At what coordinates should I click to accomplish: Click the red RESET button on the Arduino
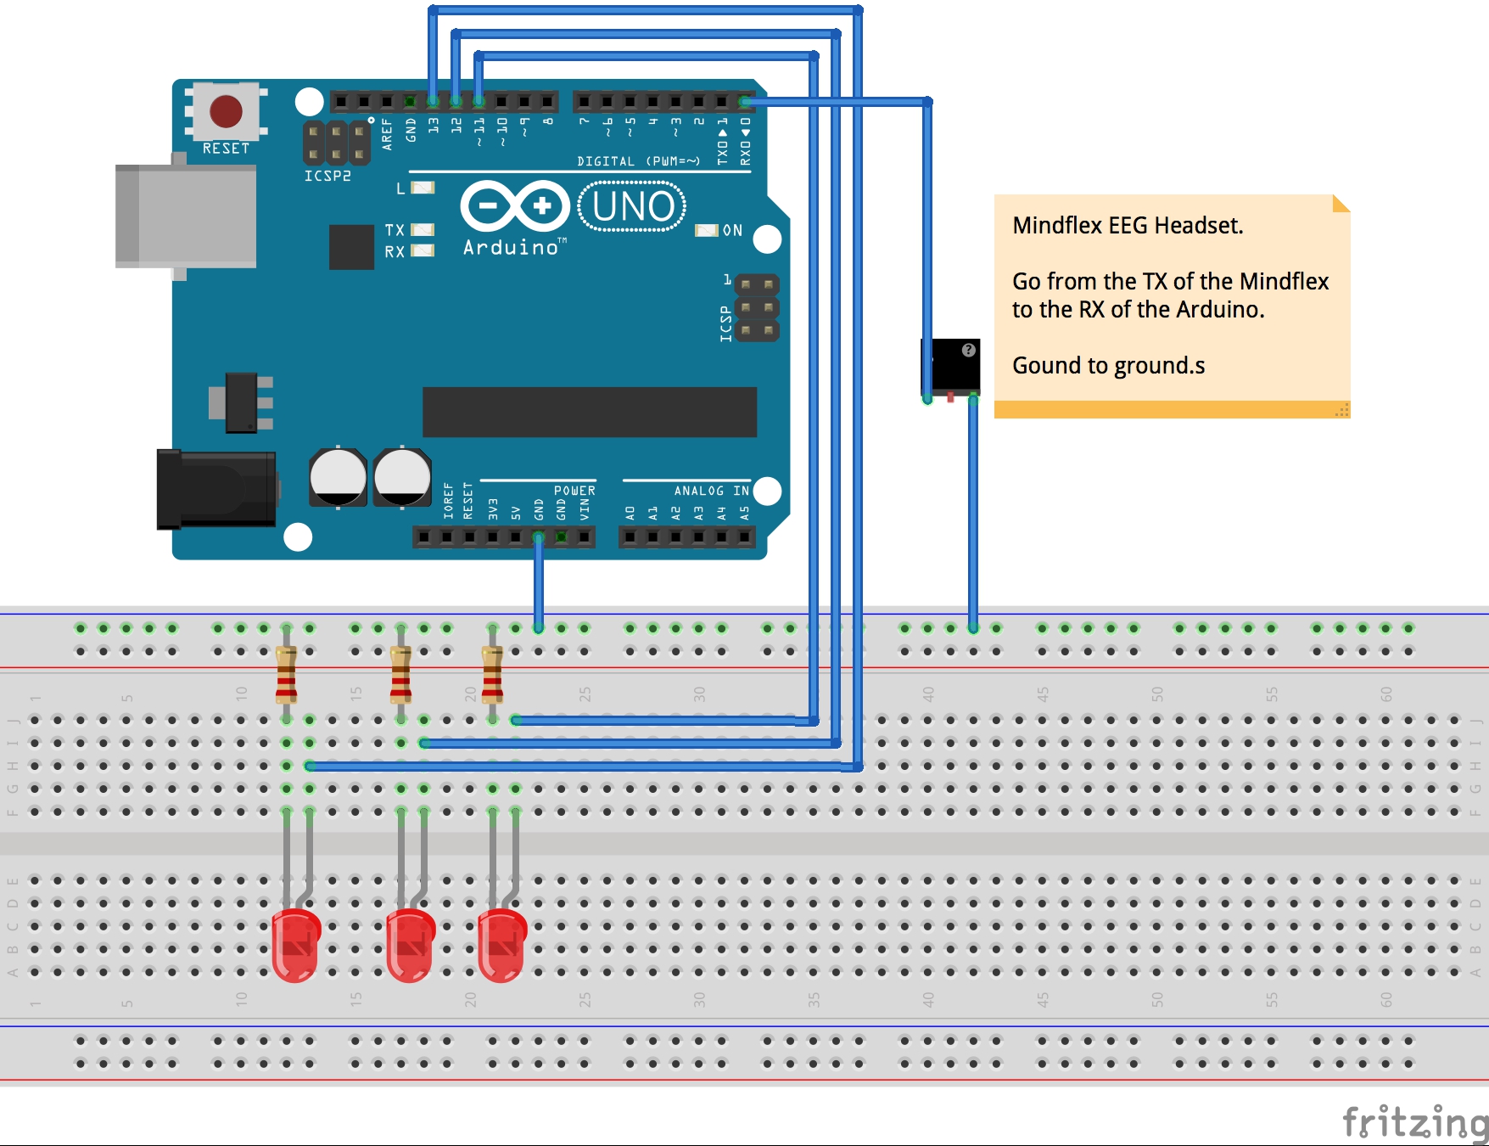(x=226, y=111)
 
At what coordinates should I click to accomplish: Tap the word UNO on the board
(x=633, y=206)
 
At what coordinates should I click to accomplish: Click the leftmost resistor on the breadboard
(x=286, y=675)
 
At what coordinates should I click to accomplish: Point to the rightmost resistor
(x=492, y=675)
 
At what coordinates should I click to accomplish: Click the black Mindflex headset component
(x=950, y=367)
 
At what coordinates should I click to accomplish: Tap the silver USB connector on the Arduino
(x=187, y=216)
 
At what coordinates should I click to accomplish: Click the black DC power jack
(x=217, y=489)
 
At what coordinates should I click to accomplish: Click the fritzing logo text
(x=1414, y=1122)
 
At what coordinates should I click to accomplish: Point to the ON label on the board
(x=732, y=230)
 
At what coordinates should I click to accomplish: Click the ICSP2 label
(x=327, y=176)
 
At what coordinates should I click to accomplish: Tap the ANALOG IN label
(x=711, y=491)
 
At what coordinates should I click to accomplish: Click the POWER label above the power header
(x=574, y=491)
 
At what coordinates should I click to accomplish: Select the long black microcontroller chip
(x=589, y=413)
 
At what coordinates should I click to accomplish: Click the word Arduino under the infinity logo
(x=511, y=248)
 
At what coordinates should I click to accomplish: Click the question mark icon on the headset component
(x=968, y=350)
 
